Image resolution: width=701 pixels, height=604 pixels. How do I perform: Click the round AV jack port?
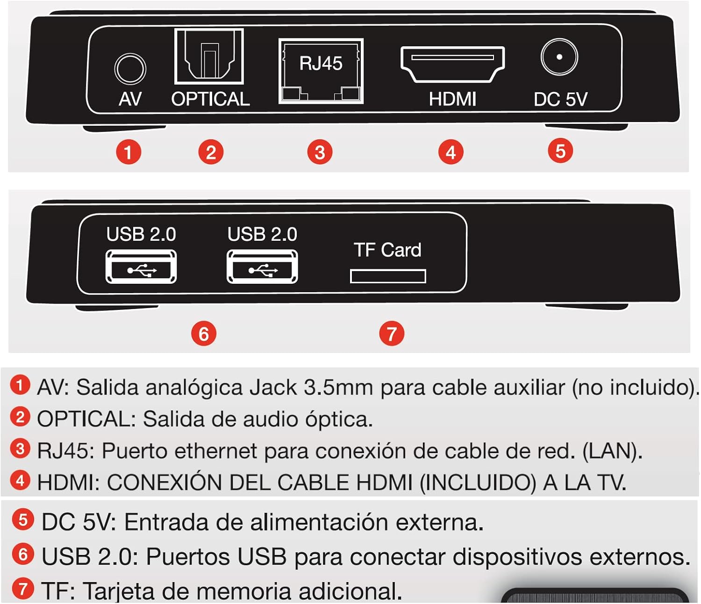[x=130, y=69]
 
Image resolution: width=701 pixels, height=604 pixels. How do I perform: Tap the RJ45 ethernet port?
[x=321, y=71]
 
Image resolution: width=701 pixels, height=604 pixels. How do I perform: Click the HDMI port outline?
[x=452, y=64]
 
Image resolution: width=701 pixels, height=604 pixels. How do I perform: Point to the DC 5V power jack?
[x=559, y=57]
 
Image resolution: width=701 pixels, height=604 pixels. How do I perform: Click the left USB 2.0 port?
[x=141, y=267]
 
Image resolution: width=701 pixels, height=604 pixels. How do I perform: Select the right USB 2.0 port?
[x=262, y=267]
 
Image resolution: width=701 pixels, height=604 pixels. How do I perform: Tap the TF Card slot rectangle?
[x=388, y=276]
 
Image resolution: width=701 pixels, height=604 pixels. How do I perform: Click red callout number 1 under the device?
[x=129, y=152]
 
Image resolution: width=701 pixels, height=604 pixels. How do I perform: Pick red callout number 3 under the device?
[x=320, y=152]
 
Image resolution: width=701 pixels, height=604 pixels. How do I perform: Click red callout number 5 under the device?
[x=560, y=151]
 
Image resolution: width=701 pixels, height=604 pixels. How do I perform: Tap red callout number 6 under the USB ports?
[x=204, y=334]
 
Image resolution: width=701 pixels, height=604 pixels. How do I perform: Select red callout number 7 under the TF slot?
[x=392, y=334]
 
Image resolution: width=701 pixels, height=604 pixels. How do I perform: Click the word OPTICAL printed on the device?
[x=210, y=99]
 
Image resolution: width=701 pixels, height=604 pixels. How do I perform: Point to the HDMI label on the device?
[x=452, y=99]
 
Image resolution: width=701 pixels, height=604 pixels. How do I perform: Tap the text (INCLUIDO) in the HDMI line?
[x=478, y=483]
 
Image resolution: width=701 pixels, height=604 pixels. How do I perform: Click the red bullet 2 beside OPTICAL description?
[x=20, y=417]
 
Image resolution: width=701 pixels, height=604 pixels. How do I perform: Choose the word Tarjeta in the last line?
[x=120, y=591]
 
